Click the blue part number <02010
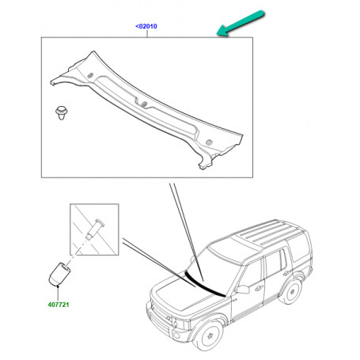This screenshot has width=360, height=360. (x=146, y=26)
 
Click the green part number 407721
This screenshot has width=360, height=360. (x=59, y=305)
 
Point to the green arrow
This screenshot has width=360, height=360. (x=241, y=23)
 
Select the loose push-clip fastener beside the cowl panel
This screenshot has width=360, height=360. (x=62, y=112)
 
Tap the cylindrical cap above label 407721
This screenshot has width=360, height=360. (x=59, y=275)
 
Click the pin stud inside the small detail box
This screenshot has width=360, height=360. (x=95, y=229)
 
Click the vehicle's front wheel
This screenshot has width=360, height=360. (x=209, y=335)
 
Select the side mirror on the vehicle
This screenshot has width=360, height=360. (x=242, y=289)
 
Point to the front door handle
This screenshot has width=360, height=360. (x=259, y=288)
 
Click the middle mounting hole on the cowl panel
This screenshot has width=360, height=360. (x=144, y=104)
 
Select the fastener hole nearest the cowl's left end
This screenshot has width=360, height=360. (x=90, y=76)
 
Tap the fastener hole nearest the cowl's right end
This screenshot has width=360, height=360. (x=209, y=142)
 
